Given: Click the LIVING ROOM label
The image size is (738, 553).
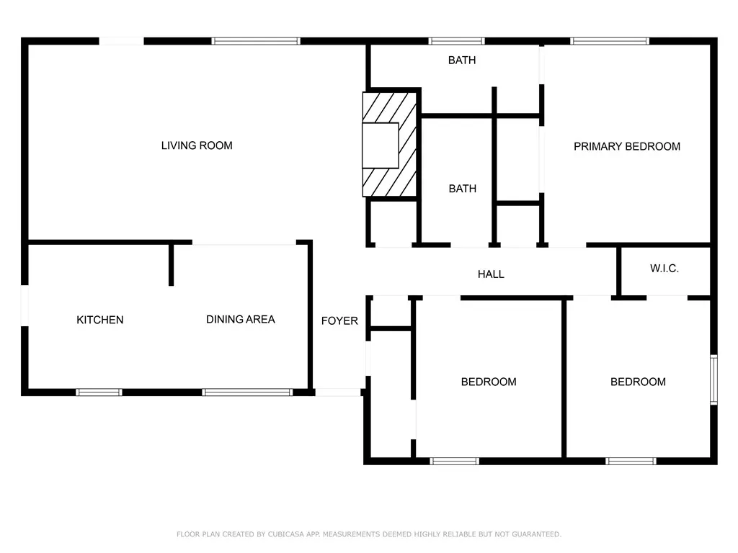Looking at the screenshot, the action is point(197,145).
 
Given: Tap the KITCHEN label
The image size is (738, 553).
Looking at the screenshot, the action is point(99,320).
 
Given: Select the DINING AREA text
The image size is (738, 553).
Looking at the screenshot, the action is point(241,320).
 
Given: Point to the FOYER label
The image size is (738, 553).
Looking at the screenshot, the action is point(339,321).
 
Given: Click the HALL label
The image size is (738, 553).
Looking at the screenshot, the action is point(491,274).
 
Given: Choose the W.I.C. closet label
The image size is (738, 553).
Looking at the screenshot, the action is point(664,269).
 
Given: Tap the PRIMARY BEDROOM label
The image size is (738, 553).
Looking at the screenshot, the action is point(627,147).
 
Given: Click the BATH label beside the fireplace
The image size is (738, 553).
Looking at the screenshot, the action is point(462,189).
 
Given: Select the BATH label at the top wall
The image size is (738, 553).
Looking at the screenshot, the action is point(462,60).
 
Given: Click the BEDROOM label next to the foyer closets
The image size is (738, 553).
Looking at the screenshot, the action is point(489,382).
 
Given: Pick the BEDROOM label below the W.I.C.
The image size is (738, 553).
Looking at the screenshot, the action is point(638,382).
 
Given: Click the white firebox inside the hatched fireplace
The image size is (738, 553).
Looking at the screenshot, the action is point(381,145).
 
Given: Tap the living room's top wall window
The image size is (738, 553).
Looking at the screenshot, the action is point(256,41).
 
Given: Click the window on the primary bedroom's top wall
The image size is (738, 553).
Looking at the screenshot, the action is point(610,41).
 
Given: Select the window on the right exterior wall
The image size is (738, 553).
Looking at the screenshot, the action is point(714,380).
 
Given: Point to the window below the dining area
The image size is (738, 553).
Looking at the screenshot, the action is point(248,392).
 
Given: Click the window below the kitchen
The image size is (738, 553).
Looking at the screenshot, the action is point(99,392).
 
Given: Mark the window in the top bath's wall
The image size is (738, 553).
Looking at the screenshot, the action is point(456,41).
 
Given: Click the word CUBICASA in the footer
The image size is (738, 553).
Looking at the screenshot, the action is point(286,534).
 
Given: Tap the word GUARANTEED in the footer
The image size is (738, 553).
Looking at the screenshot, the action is point(536,534).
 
